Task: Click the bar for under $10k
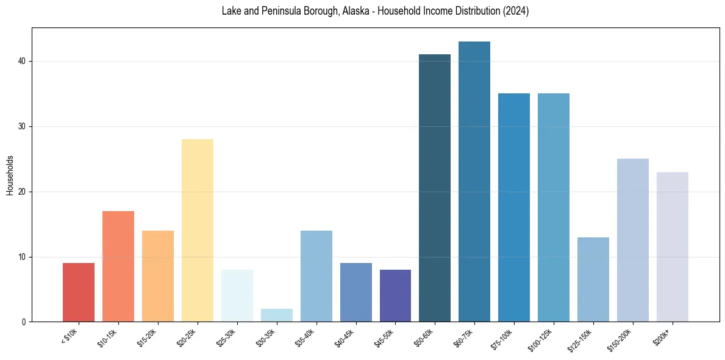79,292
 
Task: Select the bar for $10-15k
118,267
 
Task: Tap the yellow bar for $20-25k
198,231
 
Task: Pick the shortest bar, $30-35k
277,315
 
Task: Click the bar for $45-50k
395,296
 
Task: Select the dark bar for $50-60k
435,188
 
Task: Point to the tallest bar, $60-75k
474,182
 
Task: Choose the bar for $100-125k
554,207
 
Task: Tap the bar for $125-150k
593,279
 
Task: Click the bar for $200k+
673,247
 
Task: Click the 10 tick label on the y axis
23,257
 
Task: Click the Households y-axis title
10,175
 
